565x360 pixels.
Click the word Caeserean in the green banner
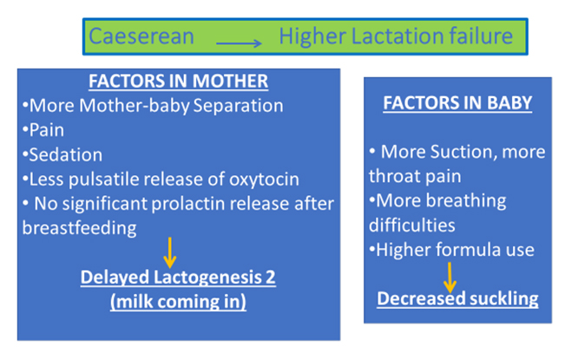[x=141, y=36]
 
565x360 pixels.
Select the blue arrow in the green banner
[x=239, y=43]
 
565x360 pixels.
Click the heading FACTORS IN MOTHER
[x=179, y=81]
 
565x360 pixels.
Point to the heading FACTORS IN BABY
[x=457, y=103]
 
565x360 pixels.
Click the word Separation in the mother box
[x=238, y=106]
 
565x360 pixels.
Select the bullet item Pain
[x=43, y=130]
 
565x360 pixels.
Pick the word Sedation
[x=62, y=154]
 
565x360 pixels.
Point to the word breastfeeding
[x=79, y=228]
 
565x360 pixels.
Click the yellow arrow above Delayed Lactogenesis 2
[x=170, y=252]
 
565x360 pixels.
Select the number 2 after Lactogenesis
[x=271, y=278]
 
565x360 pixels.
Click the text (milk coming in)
[x=179, y=302]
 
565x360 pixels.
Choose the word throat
[x=394, y=176]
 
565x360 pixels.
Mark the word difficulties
[x=412, y=226]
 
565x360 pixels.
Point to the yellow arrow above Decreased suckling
[x=450, y=278]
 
